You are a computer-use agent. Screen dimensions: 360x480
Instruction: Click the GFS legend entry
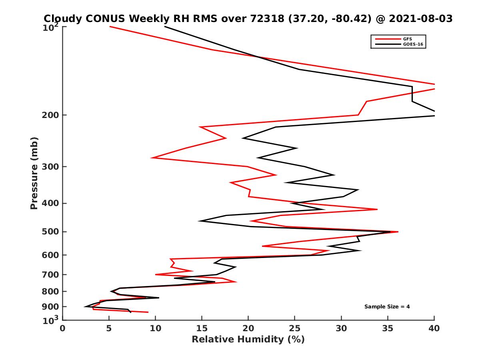(408, 39)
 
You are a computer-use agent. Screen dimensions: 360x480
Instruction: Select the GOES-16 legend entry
(413, 45)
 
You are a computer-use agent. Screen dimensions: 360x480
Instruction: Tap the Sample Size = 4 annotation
(387, 307)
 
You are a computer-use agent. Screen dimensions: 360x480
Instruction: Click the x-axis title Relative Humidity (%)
(248, 340)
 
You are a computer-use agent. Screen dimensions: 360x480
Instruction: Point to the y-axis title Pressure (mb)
(34, 173)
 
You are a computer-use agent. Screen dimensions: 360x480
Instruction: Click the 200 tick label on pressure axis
(51, 115)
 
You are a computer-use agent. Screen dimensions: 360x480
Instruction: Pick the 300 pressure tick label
(51, 166)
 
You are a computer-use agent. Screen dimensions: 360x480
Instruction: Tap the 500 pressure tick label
(51, 232)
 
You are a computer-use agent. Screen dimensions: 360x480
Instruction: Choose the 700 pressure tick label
(51, 274)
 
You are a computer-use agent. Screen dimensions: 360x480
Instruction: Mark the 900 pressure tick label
(51, 307)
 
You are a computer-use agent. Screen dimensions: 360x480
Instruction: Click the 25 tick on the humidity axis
(295, 328)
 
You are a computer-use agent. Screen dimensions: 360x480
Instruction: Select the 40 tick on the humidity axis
(434, 328)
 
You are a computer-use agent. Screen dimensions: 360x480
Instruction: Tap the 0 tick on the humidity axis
(63, 328)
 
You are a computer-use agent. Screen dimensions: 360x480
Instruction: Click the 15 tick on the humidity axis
(202, 328)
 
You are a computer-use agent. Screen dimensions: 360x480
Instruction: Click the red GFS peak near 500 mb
(398, 232)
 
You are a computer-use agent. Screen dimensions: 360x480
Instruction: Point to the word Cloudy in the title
(63, 18)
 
